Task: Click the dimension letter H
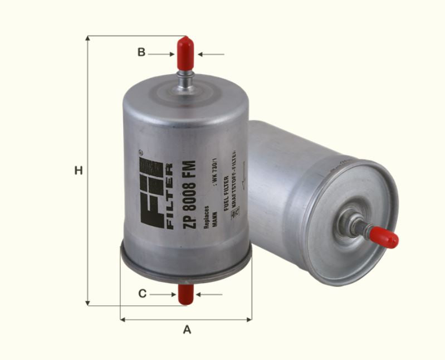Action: coord(79,171)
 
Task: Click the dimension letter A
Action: coord(187,330)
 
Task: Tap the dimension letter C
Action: coord(143,294)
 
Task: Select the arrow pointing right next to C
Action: coord(165,294)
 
